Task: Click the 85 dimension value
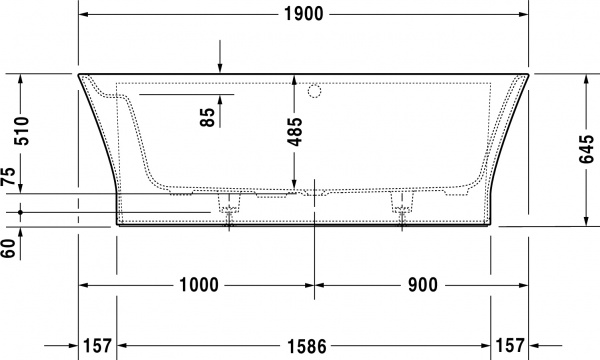click(x=207, y=117)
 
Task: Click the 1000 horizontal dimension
click(x=199, y=284)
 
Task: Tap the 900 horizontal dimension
click(x=422, y=284)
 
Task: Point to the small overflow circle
click(x=317, y=92)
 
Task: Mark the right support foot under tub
click(x=404, y=209)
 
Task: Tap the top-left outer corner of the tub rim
click(x=78, y=73)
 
